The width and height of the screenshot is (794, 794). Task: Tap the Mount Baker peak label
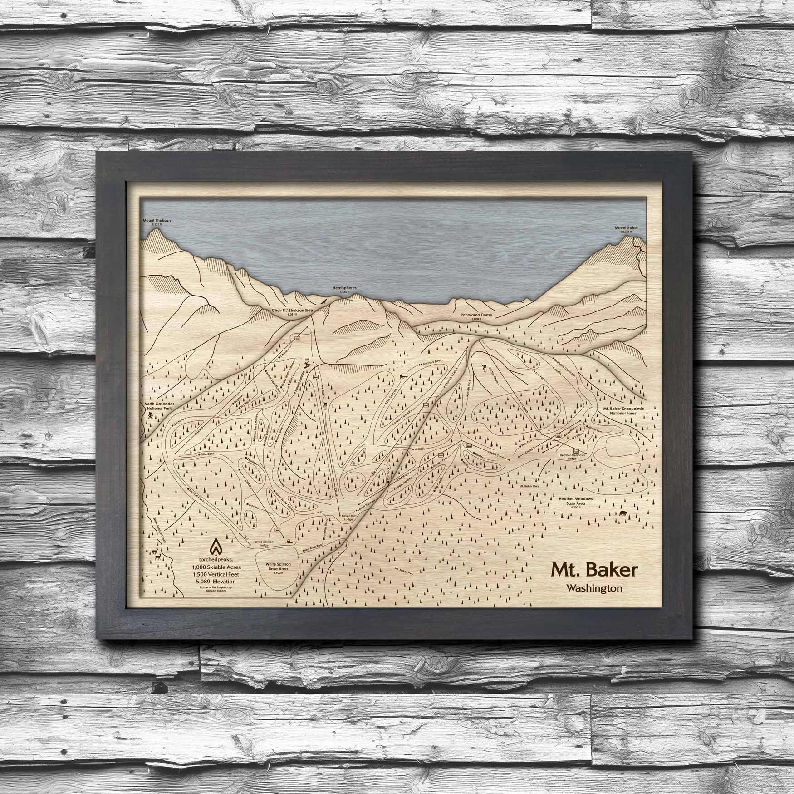627,228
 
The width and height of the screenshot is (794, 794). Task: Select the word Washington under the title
594,588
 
